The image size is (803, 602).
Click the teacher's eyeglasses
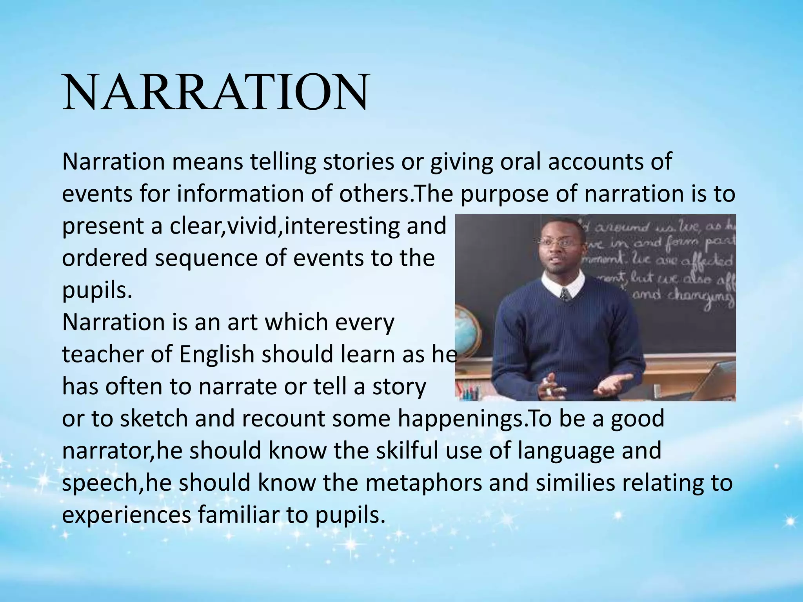pyautogui.click(x=561, y=242)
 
